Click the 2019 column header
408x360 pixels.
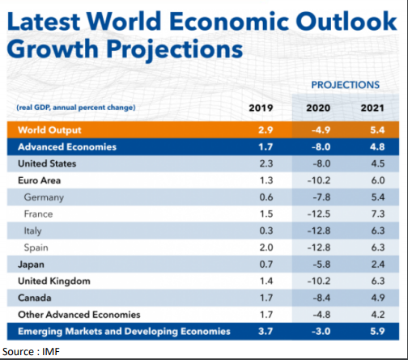click(261, 108)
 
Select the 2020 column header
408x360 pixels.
click(318, 108)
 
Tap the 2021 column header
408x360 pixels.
click(372, 108)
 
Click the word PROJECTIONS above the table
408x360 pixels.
click(346, 85)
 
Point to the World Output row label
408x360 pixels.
click(49, 130)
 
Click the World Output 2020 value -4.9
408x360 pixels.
click(321, 130)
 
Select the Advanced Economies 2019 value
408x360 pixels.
click(266, 147)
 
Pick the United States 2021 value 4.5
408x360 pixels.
click(378, 163)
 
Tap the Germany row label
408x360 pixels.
click(44, 197)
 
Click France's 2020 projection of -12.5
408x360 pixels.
click(319, 214)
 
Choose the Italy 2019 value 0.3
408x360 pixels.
click(266, 231)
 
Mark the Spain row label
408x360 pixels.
click(36, 248)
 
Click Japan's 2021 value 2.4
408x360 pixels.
click(378, 265)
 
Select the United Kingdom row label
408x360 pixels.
click(54, 282)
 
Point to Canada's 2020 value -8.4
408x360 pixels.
click(321, 298)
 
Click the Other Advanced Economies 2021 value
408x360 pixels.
click(378, 315)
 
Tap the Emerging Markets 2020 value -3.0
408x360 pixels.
click(321, 332)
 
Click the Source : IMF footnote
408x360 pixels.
click(31, 352)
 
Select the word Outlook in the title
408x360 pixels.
click(346, 21)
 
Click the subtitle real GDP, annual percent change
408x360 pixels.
click(76, 108)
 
